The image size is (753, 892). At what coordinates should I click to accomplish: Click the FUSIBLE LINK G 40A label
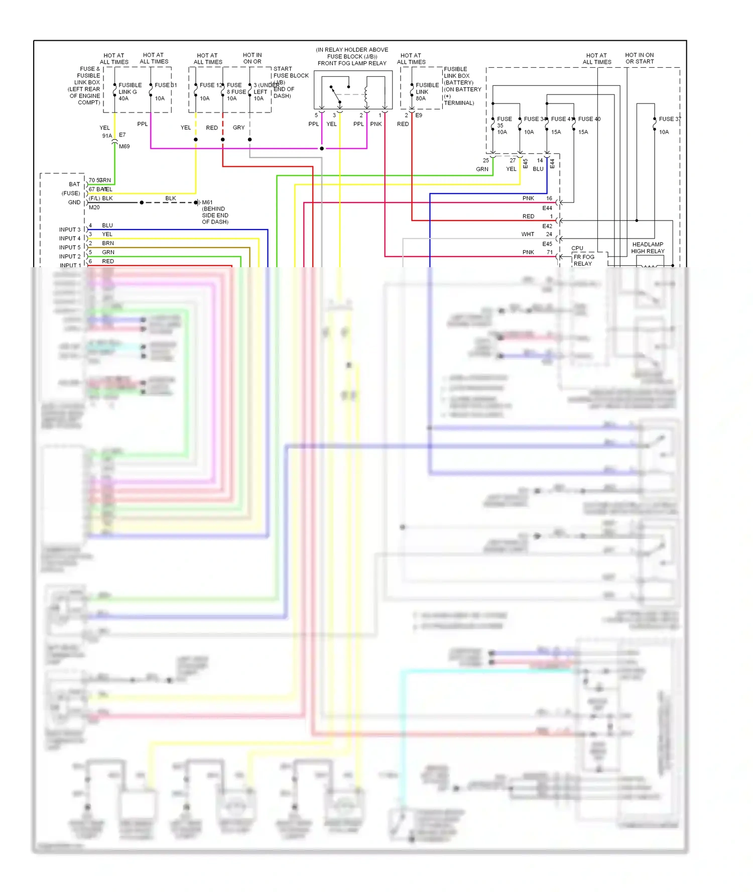130,92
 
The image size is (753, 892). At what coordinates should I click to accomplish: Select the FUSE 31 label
165,85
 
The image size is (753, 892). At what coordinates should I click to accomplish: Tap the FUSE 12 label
210,85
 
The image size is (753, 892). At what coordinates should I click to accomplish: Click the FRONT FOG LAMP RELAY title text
352,63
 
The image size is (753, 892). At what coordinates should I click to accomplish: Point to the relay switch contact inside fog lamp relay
335,94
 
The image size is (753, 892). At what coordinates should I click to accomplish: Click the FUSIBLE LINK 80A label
427,92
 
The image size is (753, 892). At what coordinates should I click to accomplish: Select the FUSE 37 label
670,119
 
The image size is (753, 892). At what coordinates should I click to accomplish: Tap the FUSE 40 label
589,119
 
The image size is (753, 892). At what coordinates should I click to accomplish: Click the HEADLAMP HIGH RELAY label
648,248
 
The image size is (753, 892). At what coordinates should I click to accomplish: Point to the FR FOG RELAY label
583,260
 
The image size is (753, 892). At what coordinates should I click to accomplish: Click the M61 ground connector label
207,202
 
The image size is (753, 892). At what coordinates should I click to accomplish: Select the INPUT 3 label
69,230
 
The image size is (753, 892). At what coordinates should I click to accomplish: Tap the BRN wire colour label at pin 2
108,243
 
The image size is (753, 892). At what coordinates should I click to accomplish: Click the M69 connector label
124,147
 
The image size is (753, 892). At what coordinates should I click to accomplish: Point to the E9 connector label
419,116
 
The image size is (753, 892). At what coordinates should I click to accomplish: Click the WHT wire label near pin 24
528,234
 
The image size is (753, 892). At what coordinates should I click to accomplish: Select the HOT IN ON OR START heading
639,58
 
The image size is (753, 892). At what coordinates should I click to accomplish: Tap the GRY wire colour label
238,128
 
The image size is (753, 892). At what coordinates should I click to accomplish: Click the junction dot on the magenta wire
322,149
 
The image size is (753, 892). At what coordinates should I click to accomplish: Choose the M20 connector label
94,207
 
